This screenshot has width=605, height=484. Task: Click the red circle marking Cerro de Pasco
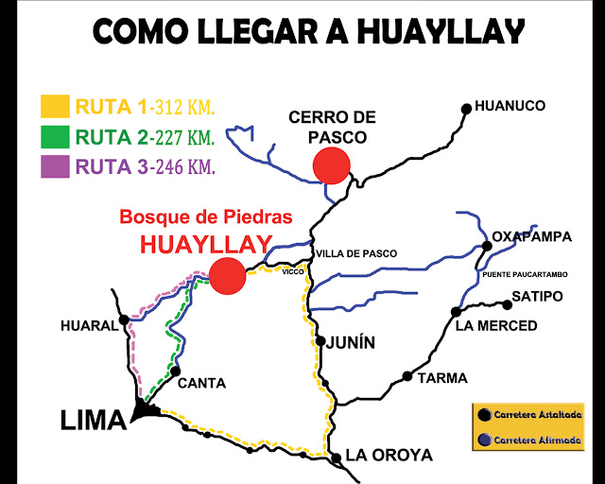tap(332, 165)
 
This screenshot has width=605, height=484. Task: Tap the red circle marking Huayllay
tap(227, 276)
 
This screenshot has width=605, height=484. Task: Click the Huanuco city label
tap(511, 106)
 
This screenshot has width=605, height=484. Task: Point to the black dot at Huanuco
tap(466, 109)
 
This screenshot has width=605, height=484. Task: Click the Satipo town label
tap(537, 297)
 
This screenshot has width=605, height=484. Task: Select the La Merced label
tap(495, 326)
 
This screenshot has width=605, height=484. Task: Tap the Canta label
tap(201, 383)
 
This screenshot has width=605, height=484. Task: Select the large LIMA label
tap(94, 420)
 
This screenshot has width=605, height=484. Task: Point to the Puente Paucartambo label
tap(525, 274)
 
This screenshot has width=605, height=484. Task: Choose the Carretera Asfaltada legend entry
tap(535, 415)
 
